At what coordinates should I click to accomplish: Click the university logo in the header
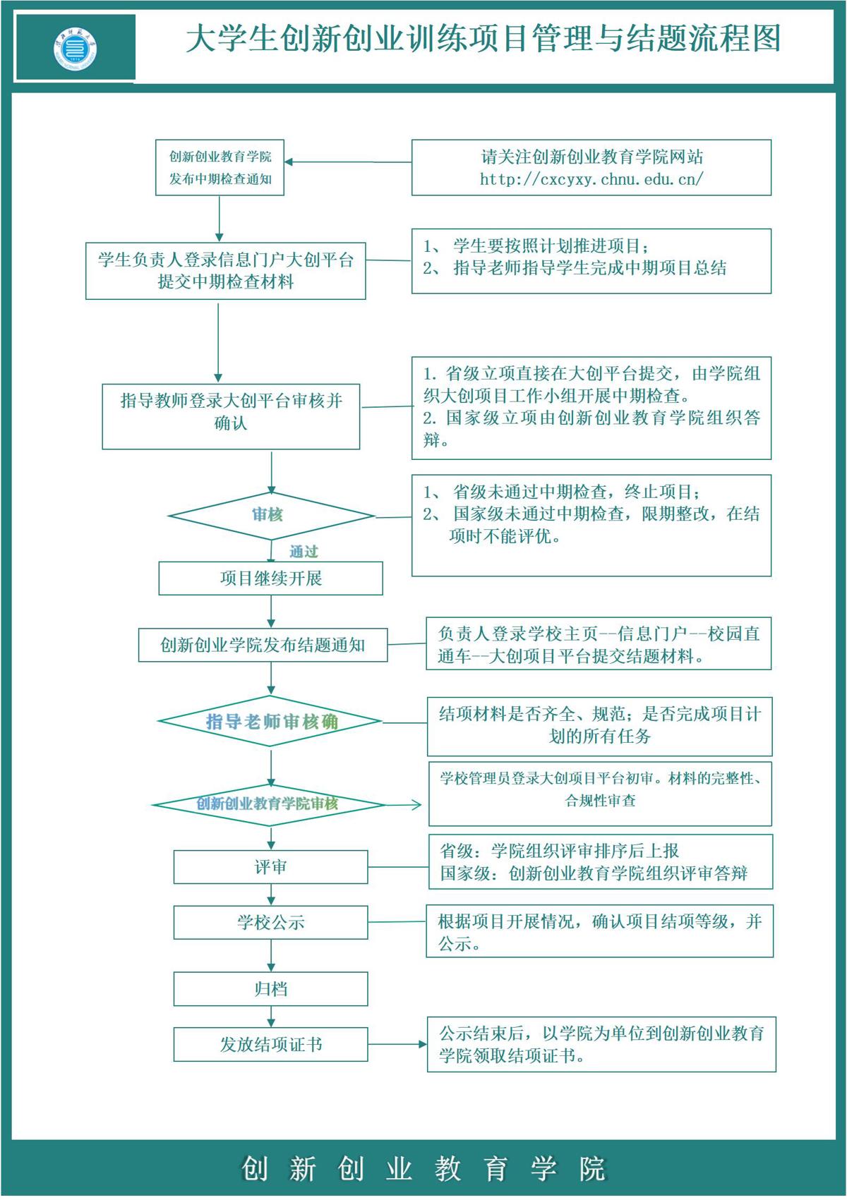click(76, 48)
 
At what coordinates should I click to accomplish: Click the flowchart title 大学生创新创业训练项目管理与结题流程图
click(483, 39)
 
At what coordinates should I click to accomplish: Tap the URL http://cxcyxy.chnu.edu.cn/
click(591, 179)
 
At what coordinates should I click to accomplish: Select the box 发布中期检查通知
click(220, 168)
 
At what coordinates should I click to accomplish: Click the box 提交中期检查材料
click(225, 271)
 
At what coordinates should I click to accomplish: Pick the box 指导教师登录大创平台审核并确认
click(231, 416)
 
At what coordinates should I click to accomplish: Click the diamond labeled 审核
click(271, 516)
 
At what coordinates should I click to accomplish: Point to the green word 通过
click(304, 552)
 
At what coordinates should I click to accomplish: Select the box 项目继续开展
click(270, 578)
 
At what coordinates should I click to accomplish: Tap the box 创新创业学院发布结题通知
click(263, 645)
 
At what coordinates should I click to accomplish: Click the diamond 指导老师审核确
click(270, 722)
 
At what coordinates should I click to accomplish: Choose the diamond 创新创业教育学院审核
click(268, 804)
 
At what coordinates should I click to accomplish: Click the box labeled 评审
click(270, 867)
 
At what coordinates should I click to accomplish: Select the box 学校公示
click(270, 922)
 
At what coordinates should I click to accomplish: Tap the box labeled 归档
click(270, 989)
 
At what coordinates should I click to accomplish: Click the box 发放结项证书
click(270, 1044)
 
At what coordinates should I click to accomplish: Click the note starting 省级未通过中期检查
click(591, 525)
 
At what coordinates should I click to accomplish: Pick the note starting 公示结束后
click(601, 1044)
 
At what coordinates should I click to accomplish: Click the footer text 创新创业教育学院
click(423, 1168)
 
